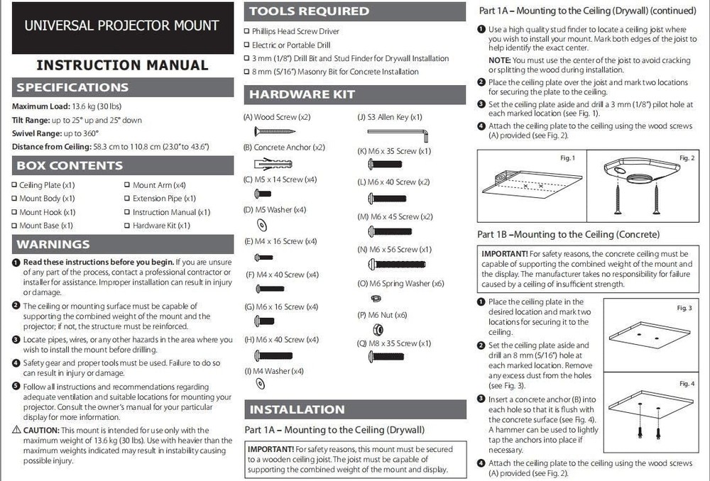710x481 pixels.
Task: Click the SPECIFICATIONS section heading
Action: [x=72, y=87]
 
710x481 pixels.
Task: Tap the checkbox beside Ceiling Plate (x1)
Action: [x=14, y=185]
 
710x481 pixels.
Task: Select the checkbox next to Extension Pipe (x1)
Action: [x=127, y=199]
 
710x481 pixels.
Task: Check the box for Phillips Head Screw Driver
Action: [x=246, y=31]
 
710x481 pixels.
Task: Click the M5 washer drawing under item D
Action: [x=261, y=224]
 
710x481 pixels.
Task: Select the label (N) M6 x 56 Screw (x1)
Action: [x=394, y=249]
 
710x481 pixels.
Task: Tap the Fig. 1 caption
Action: [x=568, y=157]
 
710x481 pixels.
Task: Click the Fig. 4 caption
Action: [x=687, y=384]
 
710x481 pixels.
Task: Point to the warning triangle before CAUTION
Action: [x=16, y=430]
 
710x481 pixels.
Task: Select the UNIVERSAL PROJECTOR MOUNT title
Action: [x=122, y=26]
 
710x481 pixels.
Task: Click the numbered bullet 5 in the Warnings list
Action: [x=16, y=386]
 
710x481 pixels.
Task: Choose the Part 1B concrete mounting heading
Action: [x=569, y=234]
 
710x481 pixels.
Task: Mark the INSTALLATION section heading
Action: [x=297, y=409]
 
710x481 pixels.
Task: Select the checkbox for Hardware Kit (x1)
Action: [x=127, y=226]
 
